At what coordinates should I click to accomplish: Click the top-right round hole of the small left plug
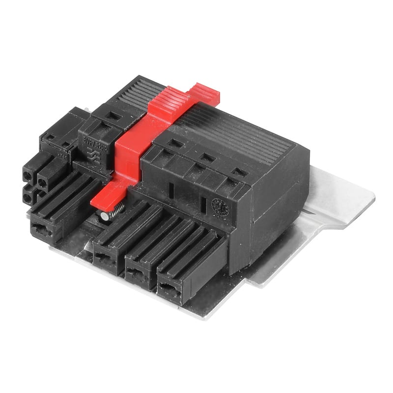pyautogui.click(x=43, y=182)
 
